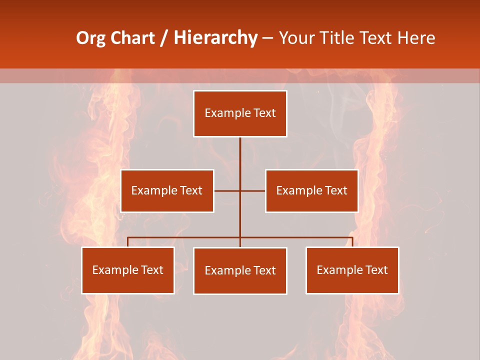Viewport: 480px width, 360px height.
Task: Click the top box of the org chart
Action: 240,113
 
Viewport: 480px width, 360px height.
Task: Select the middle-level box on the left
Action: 167,190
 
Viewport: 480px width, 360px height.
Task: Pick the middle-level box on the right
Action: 311,190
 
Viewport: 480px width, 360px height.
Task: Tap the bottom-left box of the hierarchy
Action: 128,270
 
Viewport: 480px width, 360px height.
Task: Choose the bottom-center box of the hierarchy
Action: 240,270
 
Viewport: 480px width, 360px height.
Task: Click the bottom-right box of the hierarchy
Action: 352,270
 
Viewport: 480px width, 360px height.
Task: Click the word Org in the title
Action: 90,38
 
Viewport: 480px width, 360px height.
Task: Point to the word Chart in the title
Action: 132,38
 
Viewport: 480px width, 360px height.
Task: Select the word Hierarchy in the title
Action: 215,38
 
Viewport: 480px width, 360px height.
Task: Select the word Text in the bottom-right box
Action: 376,270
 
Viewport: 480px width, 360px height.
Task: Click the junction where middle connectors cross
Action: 240,190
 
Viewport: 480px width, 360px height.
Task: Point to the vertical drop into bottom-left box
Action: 127,242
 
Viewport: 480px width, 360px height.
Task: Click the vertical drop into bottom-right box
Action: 352,242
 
